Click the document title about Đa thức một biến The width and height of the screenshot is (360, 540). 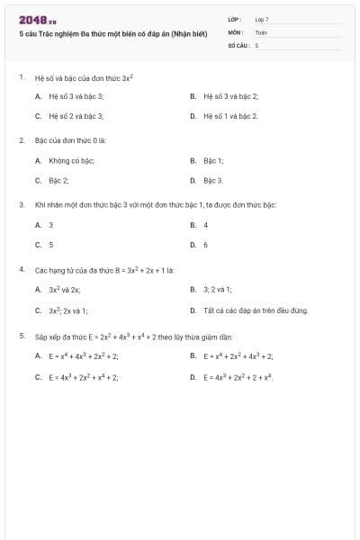113,34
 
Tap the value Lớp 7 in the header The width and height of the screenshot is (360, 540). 262,19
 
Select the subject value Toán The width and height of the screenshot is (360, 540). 261,31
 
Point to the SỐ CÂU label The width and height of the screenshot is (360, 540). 238,44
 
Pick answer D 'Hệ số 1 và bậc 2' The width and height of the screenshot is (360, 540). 230,116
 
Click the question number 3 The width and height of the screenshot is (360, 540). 22,204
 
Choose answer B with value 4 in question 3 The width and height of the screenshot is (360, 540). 205,224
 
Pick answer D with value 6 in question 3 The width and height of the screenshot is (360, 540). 205,244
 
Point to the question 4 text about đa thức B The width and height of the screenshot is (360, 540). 104,269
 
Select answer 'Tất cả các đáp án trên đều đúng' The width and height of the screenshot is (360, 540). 256,310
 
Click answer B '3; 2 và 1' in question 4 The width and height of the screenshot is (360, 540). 217,290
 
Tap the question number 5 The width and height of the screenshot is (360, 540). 22,336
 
